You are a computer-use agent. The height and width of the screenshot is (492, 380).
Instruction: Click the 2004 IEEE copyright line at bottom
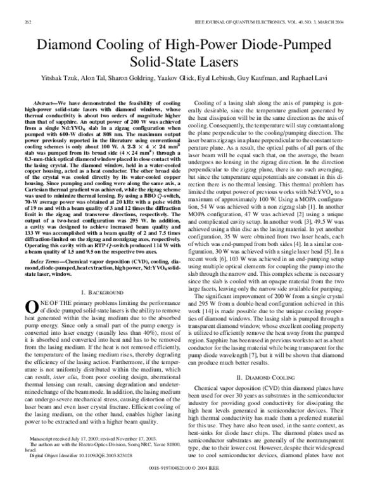point(190,486)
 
